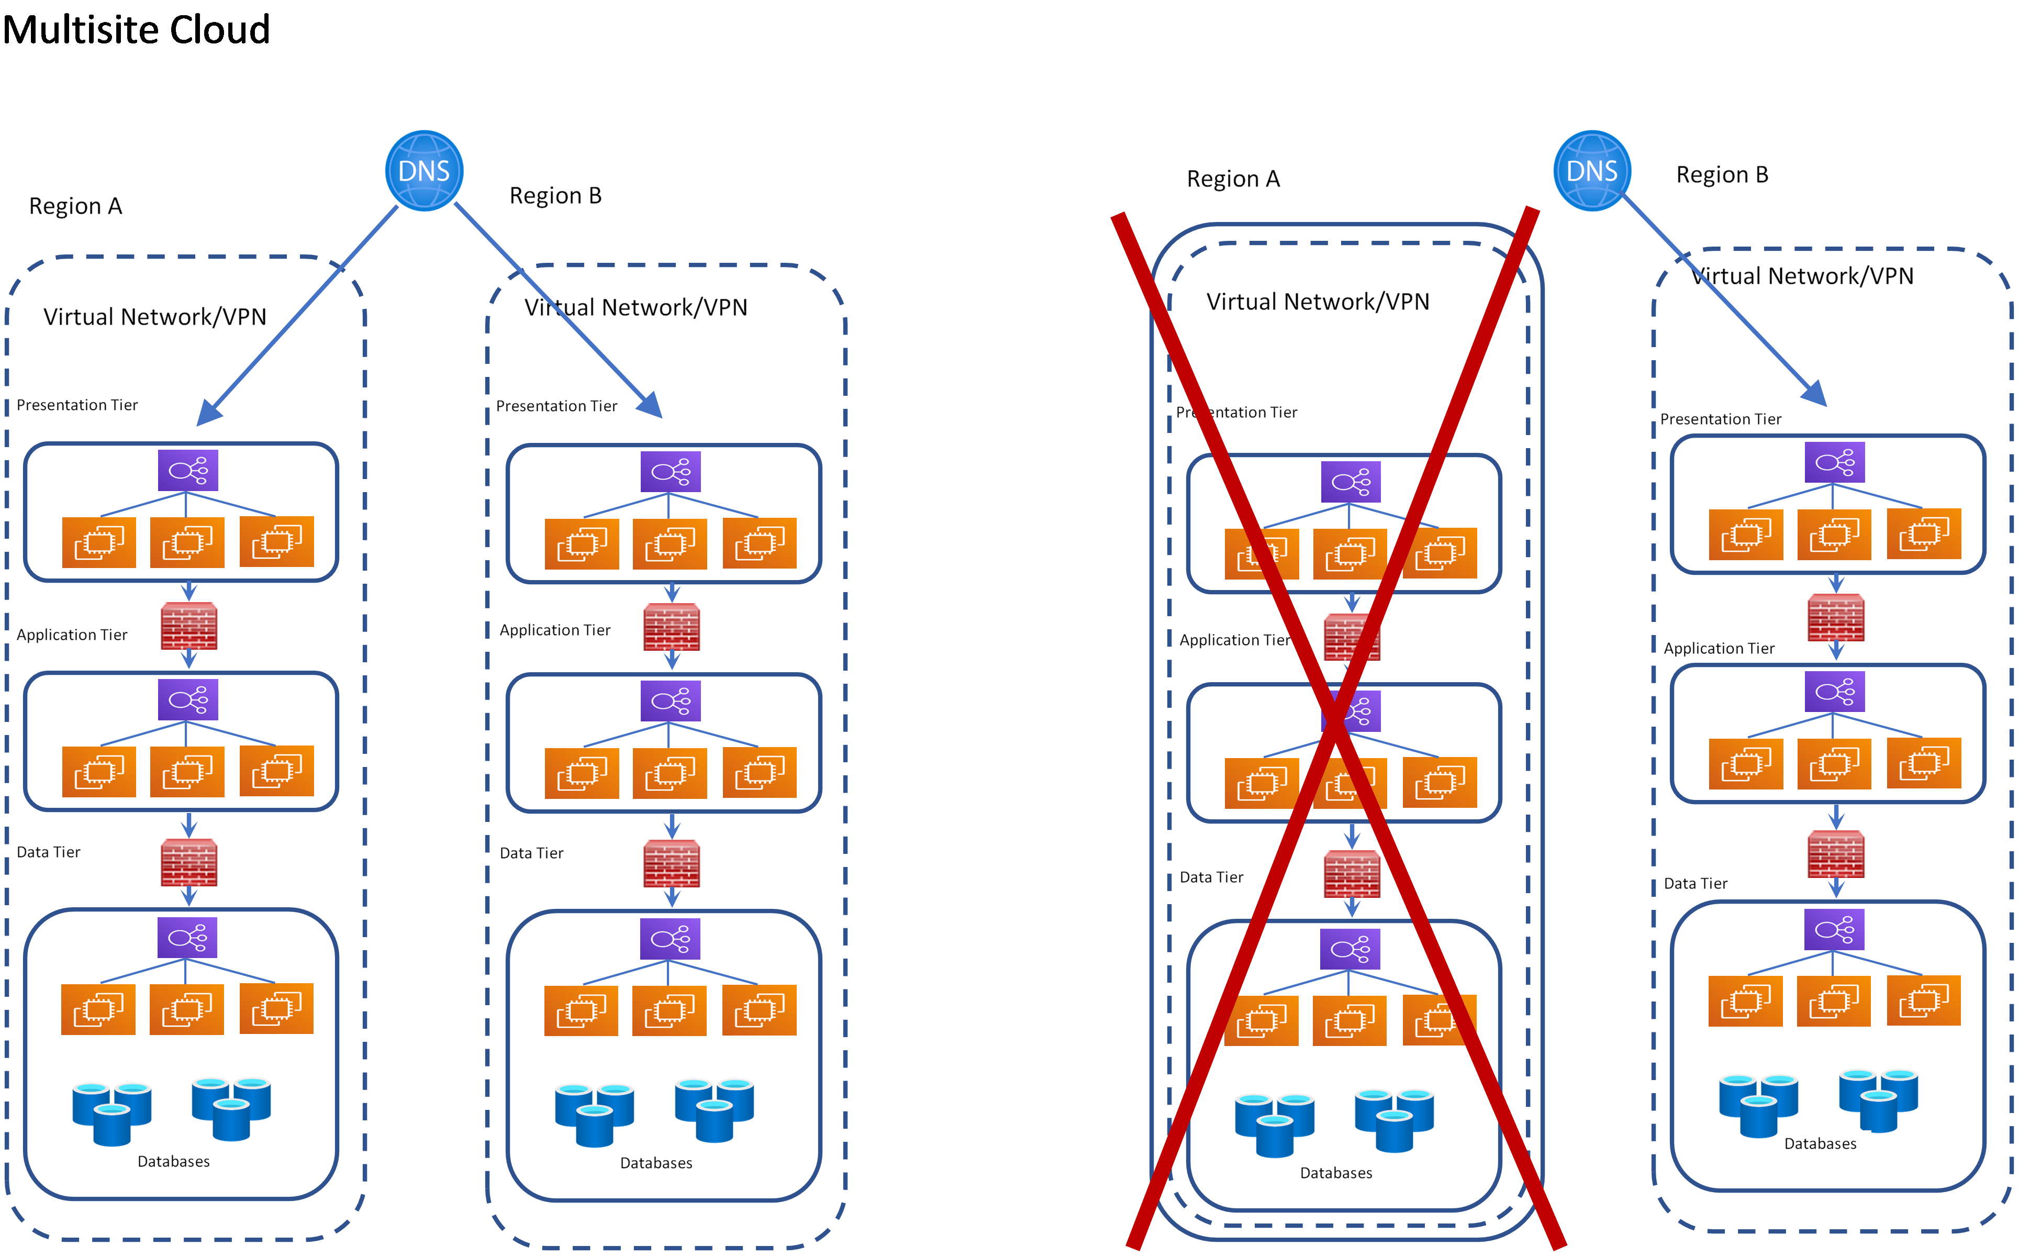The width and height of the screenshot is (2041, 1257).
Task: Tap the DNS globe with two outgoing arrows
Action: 424,171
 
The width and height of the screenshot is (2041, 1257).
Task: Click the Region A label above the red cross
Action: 1233,180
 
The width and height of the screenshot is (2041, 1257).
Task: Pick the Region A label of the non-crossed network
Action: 75,206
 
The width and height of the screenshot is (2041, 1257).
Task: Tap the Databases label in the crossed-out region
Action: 1335,1173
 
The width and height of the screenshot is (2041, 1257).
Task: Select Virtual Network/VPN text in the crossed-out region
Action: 1318,302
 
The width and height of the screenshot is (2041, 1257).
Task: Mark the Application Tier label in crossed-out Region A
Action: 1234,640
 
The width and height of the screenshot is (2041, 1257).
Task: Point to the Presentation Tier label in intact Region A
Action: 77,405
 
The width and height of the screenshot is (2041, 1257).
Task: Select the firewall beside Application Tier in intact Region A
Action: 188,626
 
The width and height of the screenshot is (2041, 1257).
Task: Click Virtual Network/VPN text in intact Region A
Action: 154,317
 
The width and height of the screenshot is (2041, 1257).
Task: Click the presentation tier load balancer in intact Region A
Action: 188,471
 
